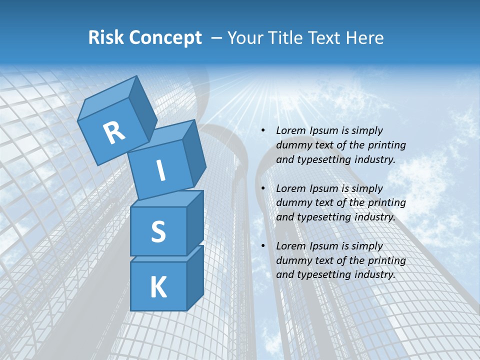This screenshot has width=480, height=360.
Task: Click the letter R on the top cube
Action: pos(114,132)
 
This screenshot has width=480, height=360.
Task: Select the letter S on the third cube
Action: pos(158,231)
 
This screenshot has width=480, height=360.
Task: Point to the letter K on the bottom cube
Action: pos(158,287)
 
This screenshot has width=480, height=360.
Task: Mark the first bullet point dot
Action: pos(263,130)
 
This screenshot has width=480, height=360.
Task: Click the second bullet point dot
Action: pos(263,188)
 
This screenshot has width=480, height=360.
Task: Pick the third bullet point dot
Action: pos(263,246)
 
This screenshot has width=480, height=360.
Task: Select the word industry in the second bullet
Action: pos(375,217)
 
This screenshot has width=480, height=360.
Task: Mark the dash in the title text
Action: pos(216,38)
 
